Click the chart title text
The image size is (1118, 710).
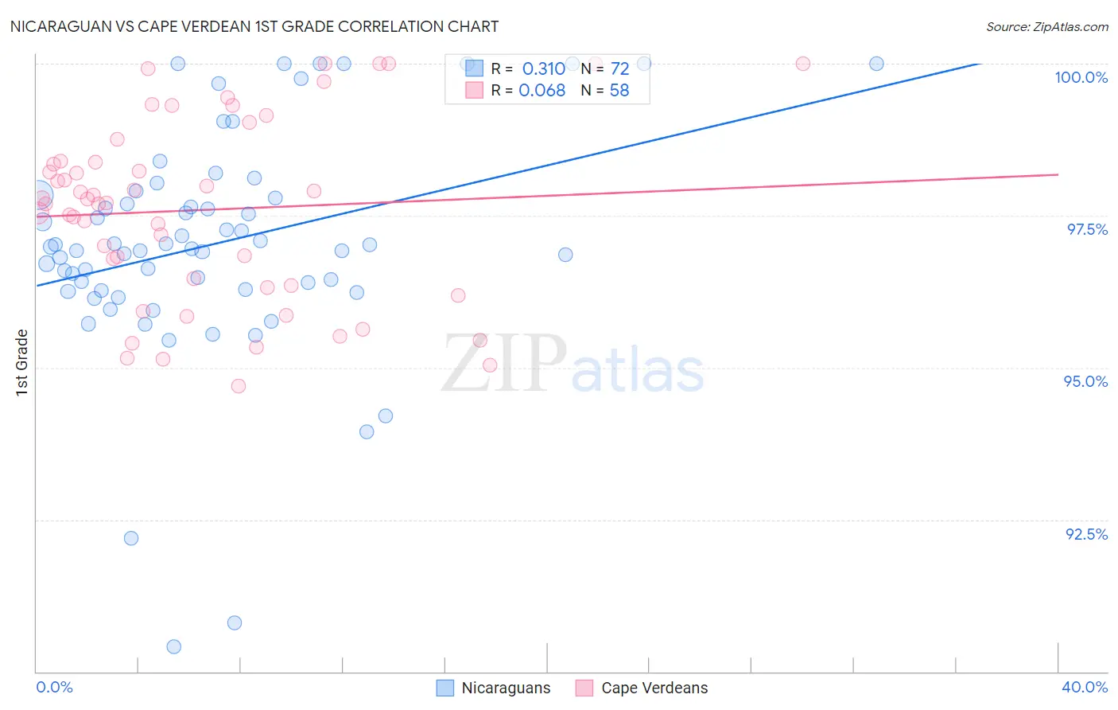(254, 26)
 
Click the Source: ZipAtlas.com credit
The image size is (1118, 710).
(1046, 26)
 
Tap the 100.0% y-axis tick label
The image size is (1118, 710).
(1081, 77)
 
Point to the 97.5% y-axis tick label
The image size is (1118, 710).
(1086, 229)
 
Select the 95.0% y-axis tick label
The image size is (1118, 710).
(1085, 381)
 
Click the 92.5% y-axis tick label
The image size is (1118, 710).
(1086, 534)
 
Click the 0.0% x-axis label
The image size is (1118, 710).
(54, 687)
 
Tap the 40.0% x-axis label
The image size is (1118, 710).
(1085, 687)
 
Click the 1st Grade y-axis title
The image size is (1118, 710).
(22, 362)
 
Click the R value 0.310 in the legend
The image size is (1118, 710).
(543, 69)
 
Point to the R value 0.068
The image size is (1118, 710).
(542, 91)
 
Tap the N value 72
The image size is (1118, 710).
(619, 69)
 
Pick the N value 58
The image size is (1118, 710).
(619, 91)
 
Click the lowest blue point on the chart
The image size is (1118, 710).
(174, 646)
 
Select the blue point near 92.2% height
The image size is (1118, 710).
(131, 538)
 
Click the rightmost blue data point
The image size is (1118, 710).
(876, 64)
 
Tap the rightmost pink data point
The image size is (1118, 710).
(803, 64)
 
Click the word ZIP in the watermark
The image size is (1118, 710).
(503, 364)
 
